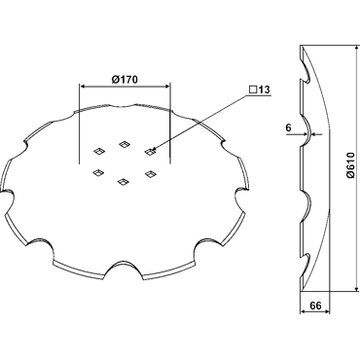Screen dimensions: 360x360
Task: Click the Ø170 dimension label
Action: (125, 79)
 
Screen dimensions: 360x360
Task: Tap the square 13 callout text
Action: (260, 90)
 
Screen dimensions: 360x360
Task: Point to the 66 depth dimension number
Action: (315, 306)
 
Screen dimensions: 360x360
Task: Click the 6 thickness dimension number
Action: (288, 127)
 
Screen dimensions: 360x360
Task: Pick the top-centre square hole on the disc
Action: (124, 144)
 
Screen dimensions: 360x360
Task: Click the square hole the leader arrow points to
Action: (149, 151)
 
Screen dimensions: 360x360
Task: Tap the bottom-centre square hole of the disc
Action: (123, 182)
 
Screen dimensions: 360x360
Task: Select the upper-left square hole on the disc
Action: (98, 151)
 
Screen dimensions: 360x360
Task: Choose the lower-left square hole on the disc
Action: (97, 173)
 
